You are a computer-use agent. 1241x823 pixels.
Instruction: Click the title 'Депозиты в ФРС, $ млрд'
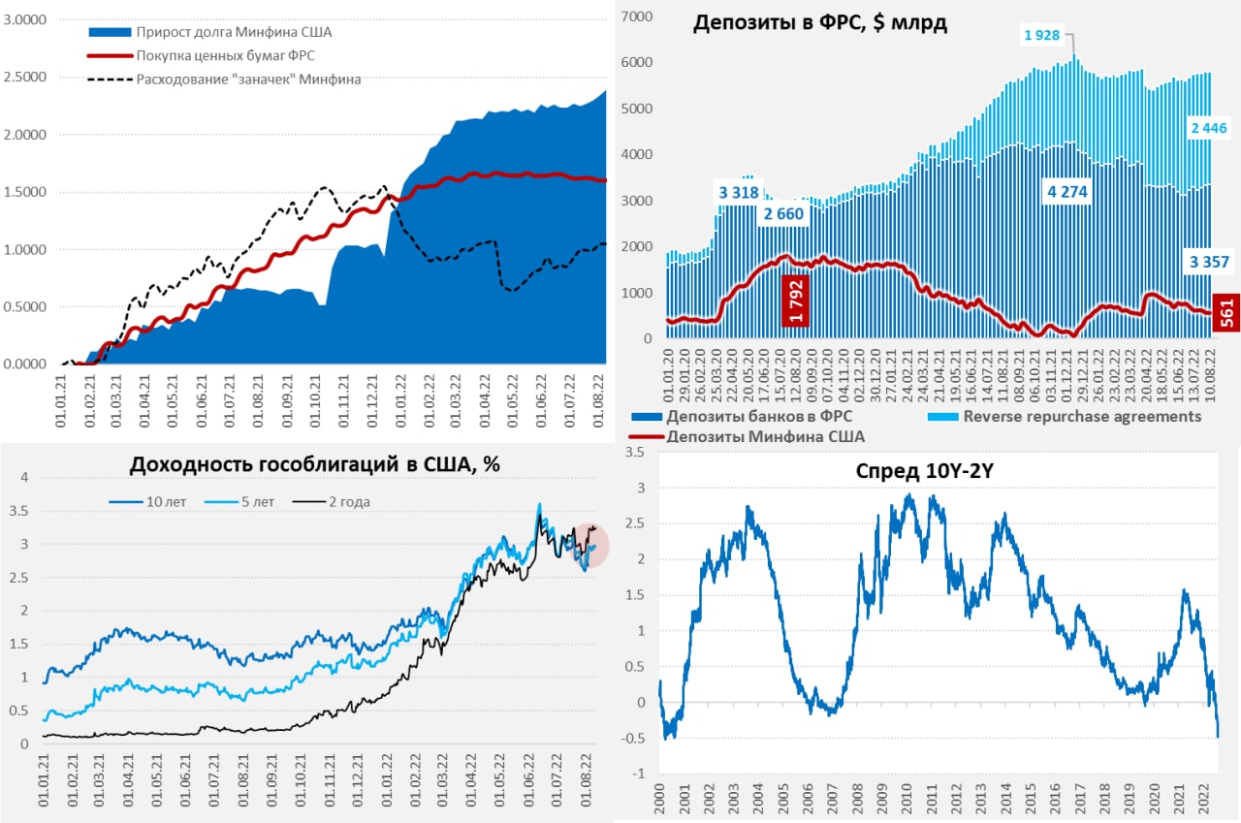point(819,24)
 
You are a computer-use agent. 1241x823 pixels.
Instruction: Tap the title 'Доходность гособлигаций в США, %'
point(314,464)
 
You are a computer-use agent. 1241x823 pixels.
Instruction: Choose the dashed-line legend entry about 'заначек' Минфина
point(248,79)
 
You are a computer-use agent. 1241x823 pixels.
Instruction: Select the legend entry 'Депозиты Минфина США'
point(766,436)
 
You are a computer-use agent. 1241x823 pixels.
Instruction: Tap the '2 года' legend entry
point(348,501)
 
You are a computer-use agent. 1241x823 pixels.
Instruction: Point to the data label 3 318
point(739,192)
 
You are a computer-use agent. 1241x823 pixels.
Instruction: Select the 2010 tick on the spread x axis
point(907,797)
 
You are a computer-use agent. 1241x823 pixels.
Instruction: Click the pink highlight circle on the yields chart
point(586,545)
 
